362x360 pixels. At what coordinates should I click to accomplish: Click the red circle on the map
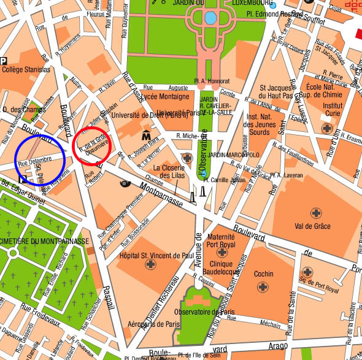91,145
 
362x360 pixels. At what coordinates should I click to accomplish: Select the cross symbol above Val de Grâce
317,213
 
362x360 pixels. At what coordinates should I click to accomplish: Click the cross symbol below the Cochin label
265,286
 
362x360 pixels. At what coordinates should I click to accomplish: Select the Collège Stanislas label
26,70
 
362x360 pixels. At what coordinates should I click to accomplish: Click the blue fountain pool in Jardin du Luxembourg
210,18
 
